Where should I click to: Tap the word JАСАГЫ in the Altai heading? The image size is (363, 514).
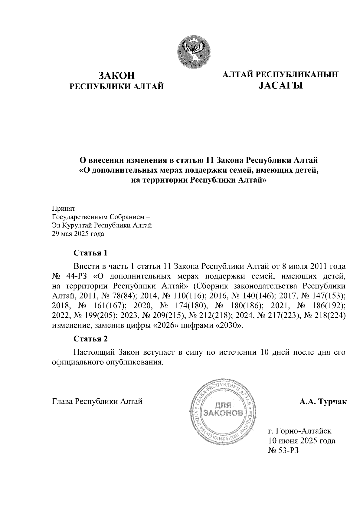280,86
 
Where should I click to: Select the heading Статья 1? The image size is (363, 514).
90,253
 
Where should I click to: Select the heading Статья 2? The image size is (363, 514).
90,339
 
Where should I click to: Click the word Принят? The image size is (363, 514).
64,209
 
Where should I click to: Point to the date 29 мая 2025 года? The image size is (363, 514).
78,234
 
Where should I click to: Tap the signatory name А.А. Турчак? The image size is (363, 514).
323,402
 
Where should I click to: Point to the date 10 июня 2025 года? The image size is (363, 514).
302,440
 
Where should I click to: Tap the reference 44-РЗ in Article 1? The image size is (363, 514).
75,276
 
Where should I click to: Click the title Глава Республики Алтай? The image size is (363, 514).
97,402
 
